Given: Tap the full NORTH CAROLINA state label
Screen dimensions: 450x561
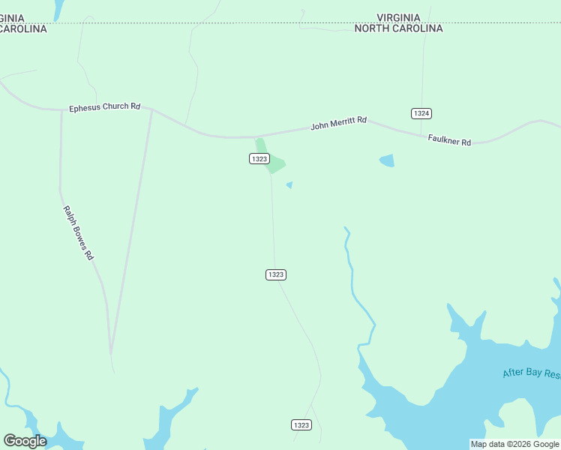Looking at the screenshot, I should click(x=398, y=28).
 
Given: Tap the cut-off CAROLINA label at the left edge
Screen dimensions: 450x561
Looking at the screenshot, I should click(x=22, y=28).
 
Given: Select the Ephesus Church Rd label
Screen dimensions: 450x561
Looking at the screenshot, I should click(x=104, y=106).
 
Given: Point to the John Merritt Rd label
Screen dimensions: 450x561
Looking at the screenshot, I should click(x=338, y=123).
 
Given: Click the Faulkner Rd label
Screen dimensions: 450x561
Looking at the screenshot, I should click(x=449, y=140).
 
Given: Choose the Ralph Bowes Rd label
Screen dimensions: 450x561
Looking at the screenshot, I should click(x=78, y=232).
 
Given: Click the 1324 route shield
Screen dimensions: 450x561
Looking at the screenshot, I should click(x=421, y=113).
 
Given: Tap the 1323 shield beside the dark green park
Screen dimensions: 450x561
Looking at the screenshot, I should click(x=259, y=158).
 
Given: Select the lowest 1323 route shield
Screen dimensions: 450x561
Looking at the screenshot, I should click(x=301, y=425).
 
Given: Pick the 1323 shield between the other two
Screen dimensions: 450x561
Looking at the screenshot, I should click(x=275, y=274).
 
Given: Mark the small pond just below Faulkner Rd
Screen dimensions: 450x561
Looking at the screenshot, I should click(x=387, y=160).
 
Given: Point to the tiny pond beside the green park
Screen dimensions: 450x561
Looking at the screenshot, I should click(x=289, y=184).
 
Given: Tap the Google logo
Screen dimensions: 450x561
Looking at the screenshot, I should click(x=25, y=441).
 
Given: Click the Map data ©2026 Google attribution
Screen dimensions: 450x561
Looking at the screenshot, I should click(x=514, y=444).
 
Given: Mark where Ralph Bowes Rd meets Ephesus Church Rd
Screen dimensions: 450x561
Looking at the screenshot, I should click(x=61, y=110).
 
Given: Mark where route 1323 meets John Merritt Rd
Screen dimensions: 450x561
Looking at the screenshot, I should click(x=256, y=137).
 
